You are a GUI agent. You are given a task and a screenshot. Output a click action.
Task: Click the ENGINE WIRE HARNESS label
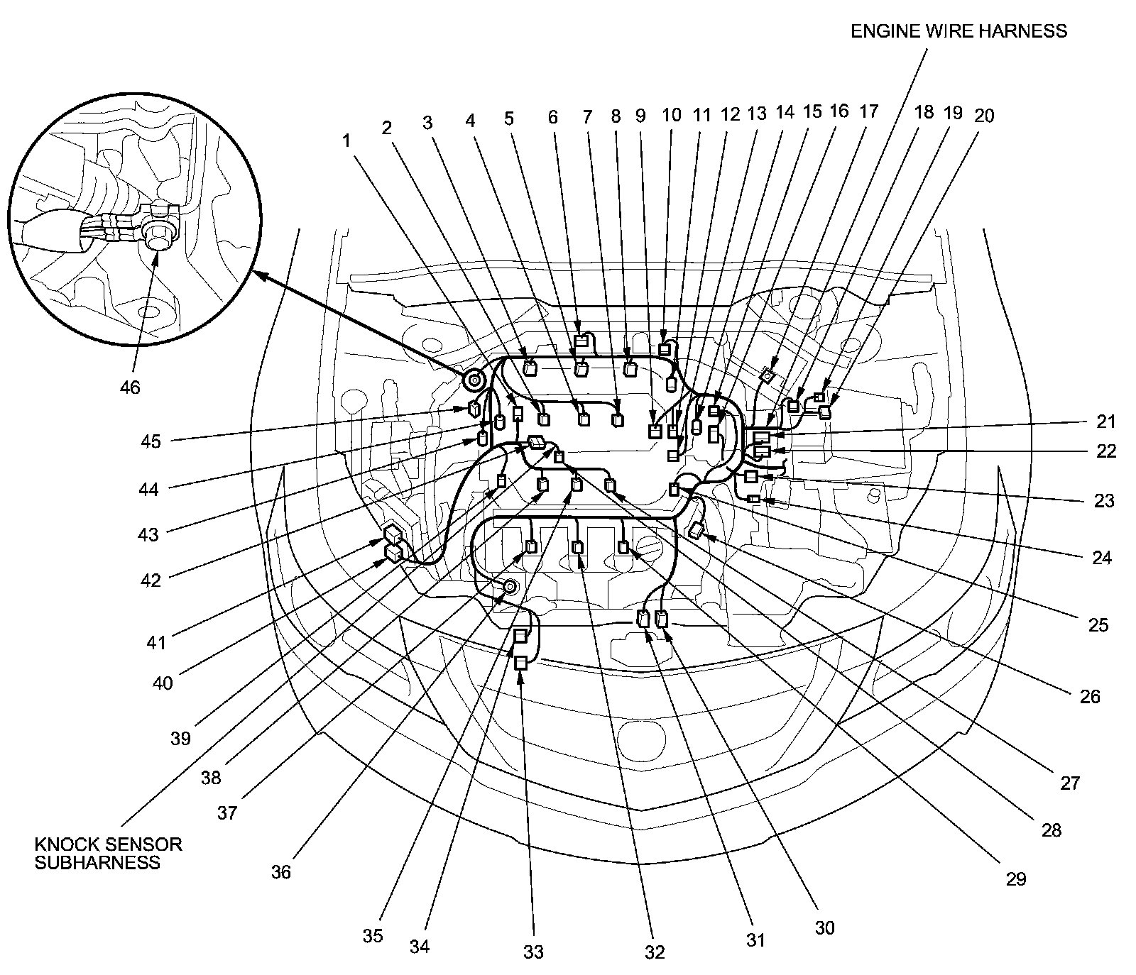[958, 31]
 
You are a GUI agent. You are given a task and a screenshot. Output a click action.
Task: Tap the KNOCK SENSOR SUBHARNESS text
[108, 853]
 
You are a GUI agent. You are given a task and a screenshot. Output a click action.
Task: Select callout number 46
[130, 387]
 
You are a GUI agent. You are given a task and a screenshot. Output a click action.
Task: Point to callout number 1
[346, 141]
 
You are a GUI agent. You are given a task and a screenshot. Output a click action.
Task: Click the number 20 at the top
[984, 115]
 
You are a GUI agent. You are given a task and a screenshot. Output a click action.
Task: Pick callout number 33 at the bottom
[533, 952]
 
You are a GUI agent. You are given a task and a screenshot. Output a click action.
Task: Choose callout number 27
[1069, 783]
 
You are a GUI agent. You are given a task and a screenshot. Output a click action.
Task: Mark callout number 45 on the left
[151, 441]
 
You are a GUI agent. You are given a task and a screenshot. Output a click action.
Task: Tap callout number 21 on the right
[1105, 422]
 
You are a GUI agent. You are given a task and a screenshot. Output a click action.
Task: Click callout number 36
[281, 871]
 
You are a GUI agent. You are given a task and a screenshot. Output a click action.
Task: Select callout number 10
[671, 115]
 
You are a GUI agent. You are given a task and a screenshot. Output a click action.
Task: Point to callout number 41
[155, 643]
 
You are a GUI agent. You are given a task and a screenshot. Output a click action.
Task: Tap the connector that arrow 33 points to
[521, 663]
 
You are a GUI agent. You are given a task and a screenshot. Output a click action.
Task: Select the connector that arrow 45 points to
[474, 408]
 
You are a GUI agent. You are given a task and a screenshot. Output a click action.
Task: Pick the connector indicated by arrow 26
[697, 529]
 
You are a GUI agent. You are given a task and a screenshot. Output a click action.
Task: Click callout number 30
[825, 927]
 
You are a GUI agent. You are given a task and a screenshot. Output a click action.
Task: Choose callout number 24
[1101, 557]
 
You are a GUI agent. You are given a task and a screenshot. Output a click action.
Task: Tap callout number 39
[181, 738]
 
